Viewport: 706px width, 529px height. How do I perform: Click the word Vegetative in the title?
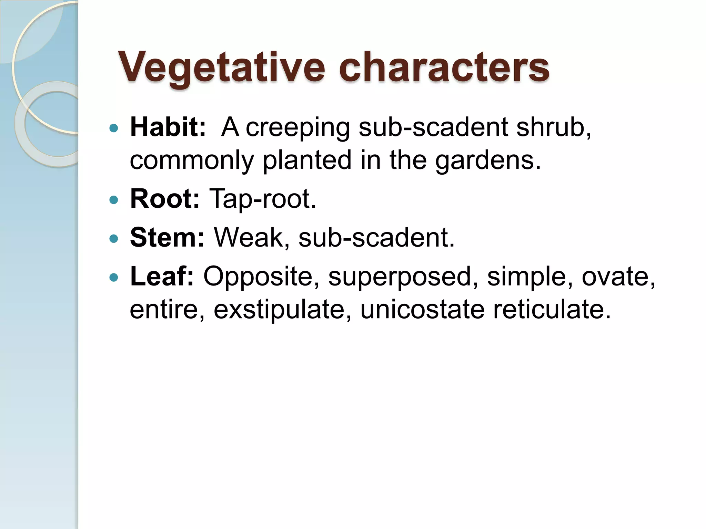pyautogui.click(x=221, y=67)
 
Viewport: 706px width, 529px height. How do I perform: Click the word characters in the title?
pyautogui.click(x=444, y=67)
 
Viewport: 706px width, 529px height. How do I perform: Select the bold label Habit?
pyautogui.click(x=168, y=127)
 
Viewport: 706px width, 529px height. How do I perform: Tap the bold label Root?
pyautogui.click(x=165, y=199)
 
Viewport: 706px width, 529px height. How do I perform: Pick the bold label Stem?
pyautogui.click(x=167, y=238)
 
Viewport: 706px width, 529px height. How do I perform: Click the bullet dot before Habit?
pyautogui.click(x=113, y=128)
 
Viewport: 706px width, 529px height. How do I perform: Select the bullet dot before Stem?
pyautogui.click(x=113, y=238)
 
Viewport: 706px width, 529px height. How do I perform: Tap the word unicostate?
pyautogui.click(x=422, y=309)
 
